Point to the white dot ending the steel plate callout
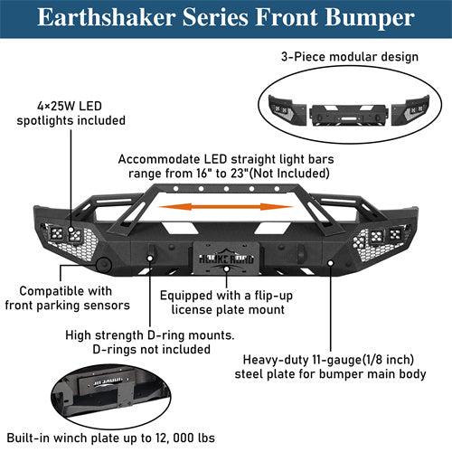point(333,265)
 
